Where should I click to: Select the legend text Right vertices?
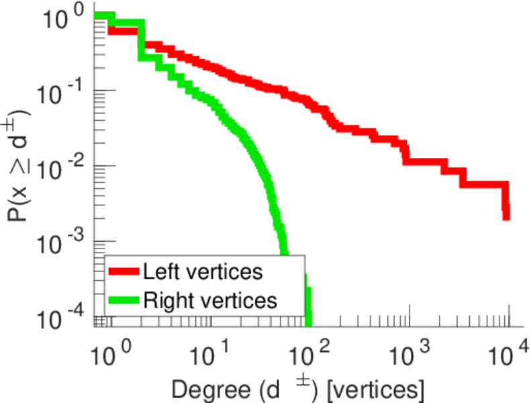coord(210,300)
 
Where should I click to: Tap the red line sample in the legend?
coord(124,272)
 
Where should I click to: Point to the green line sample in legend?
coord(124,300)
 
